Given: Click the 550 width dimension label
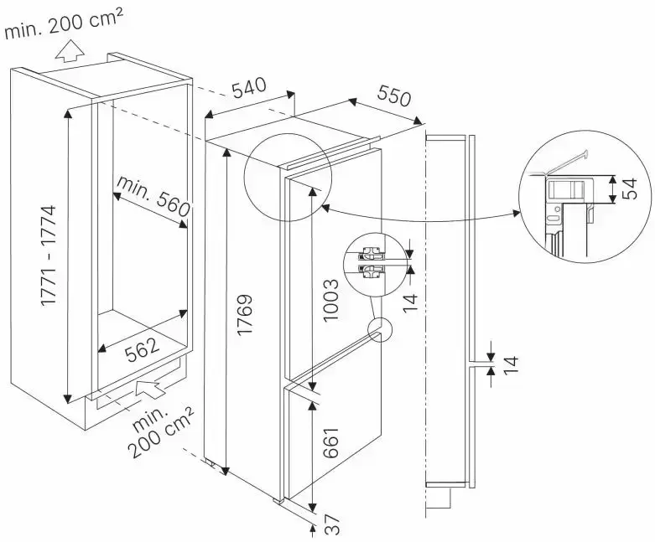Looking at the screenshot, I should (393, 96).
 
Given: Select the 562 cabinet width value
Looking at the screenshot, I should (143, 353).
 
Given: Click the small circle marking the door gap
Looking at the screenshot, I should (379, 330).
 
